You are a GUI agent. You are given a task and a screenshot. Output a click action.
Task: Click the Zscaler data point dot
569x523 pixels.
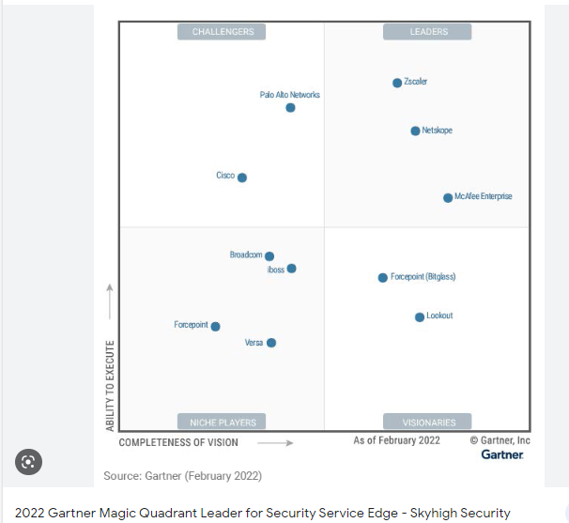(x=397, y=83)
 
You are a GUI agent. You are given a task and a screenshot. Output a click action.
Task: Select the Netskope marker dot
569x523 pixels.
(x=415, y=131)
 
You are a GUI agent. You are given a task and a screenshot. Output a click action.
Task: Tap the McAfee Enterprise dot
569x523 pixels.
(x=448, y=197)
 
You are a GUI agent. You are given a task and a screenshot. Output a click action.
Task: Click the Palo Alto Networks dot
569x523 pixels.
(x=290, y=108)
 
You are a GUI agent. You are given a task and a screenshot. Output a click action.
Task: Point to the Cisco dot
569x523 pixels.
(x=242, y=177)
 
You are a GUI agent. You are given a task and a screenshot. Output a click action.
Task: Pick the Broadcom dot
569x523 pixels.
(x=269, y=256)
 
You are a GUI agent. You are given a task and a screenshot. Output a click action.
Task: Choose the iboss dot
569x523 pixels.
(x=291, y=269)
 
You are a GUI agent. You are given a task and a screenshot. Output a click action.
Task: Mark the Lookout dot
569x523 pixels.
(x=420, y=317)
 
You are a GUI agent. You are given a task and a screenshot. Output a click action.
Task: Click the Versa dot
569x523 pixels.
(x=271, y=343)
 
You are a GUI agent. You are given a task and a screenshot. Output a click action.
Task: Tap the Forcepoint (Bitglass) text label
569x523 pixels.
(x=423, y=278)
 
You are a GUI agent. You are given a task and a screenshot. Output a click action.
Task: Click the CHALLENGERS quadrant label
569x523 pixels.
(x=223, y=32)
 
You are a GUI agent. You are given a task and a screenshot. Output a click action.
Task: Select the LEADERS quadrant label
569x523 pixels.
(x=428, y=32)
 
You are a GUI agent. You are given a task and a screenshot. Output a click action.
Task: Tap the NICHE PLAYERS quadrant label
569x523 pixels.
(x=223, y=422)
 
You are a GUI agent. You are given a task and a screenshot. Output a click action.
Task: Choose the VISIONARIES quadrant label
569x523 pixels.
(x=428, y=422)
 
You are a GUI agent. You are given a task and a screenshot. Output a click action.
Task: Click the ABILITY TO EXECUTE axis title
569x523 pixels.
(x=110, y=385)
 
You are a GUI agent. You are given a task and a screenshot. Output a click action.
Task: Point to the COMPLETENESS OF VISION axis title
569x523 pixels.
(x=178, y=442)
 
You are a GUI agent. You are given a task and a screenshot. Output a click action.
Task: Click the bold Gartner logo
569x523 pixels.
(x=502, y=454)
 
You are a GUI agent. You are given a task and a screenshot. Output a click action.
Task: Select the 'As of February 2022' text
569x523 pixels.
(x=396, y=440)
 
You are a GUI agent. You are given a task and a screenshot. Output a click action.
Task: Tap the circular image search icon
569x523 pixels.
(x=28, y=461)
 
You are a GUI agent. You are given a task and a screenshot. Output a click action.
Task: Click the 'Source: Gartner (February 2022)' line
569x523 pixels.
(x=182, y=476)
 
